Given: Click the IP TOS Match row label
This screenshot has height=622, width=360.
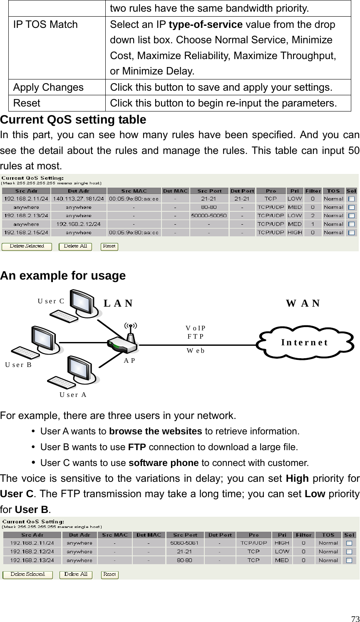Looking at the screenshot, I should coord(45,25).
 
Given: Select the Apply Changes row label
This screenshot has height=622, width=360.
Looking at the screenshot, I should coord(48,87).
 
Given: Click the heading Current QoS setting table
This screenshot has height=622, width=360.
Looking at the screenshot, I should coord(73,120).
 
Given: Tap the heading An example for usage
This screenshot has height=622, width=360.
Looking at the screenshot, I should coord(63,276).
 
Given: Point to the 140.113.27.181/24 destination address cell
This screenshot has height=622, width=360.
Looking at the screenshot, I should coord(79,199).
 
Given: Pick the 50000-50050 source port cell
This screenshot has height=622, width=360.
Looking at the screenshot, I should coord(209,216).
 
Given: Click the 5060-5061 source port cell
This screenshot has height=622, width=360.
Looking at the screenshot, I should coord(185,543).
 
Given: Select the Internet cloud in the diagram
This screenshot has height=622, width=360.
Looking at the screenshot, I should coord(305,342).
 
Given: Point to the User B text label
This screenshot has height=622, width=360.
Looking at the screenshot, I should coord(18,365).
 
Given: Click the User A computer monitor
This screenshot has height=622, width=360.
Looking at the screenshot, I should coord(80,368).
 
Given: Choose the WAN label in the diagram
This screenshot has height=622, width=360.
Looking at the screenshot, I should coord(303,303).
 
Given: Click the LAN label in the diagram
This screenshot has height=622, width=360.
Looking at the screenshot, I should coord(118,303).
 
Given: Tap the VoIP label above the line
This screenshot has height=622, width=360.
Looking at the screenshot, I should coord(196,328).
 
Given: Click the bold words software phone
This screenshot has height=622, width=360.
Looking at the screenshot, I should coord(164,463).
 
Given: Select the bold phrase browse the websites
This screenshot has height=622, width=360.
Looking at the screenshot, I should coord(155,431).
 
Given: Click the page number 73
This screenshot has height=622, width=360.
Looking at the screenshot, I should coord(355,618).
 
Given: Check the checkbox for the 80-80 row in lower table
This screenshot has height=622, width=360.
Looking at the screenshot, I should coord(349,560).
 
